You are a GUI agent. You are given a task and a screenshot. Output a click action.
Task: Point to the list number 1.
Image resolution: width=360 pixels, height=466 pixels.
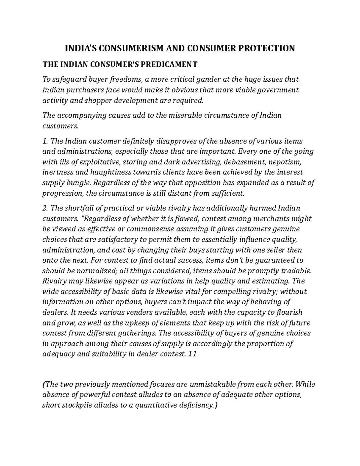coord(45,141)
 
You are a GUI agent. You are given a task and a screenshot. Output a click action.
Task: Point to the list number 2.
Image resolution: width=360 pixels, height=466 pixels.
coord(45,208)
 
